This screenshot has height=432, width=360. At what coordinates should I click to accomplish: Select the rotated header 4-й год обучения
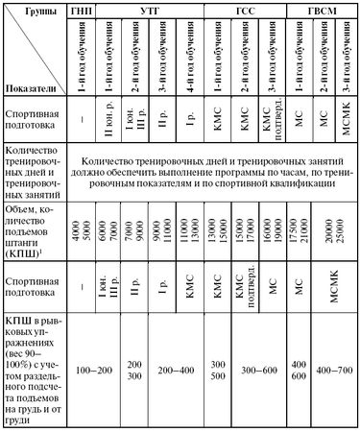[x=192, y=57]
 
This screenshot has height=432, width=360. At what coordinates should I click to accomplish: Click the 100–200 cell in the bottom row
[x=95, y=370]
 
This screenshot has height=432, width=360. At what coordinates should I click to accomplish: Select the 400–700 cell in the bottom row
[x=332, y=370]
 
